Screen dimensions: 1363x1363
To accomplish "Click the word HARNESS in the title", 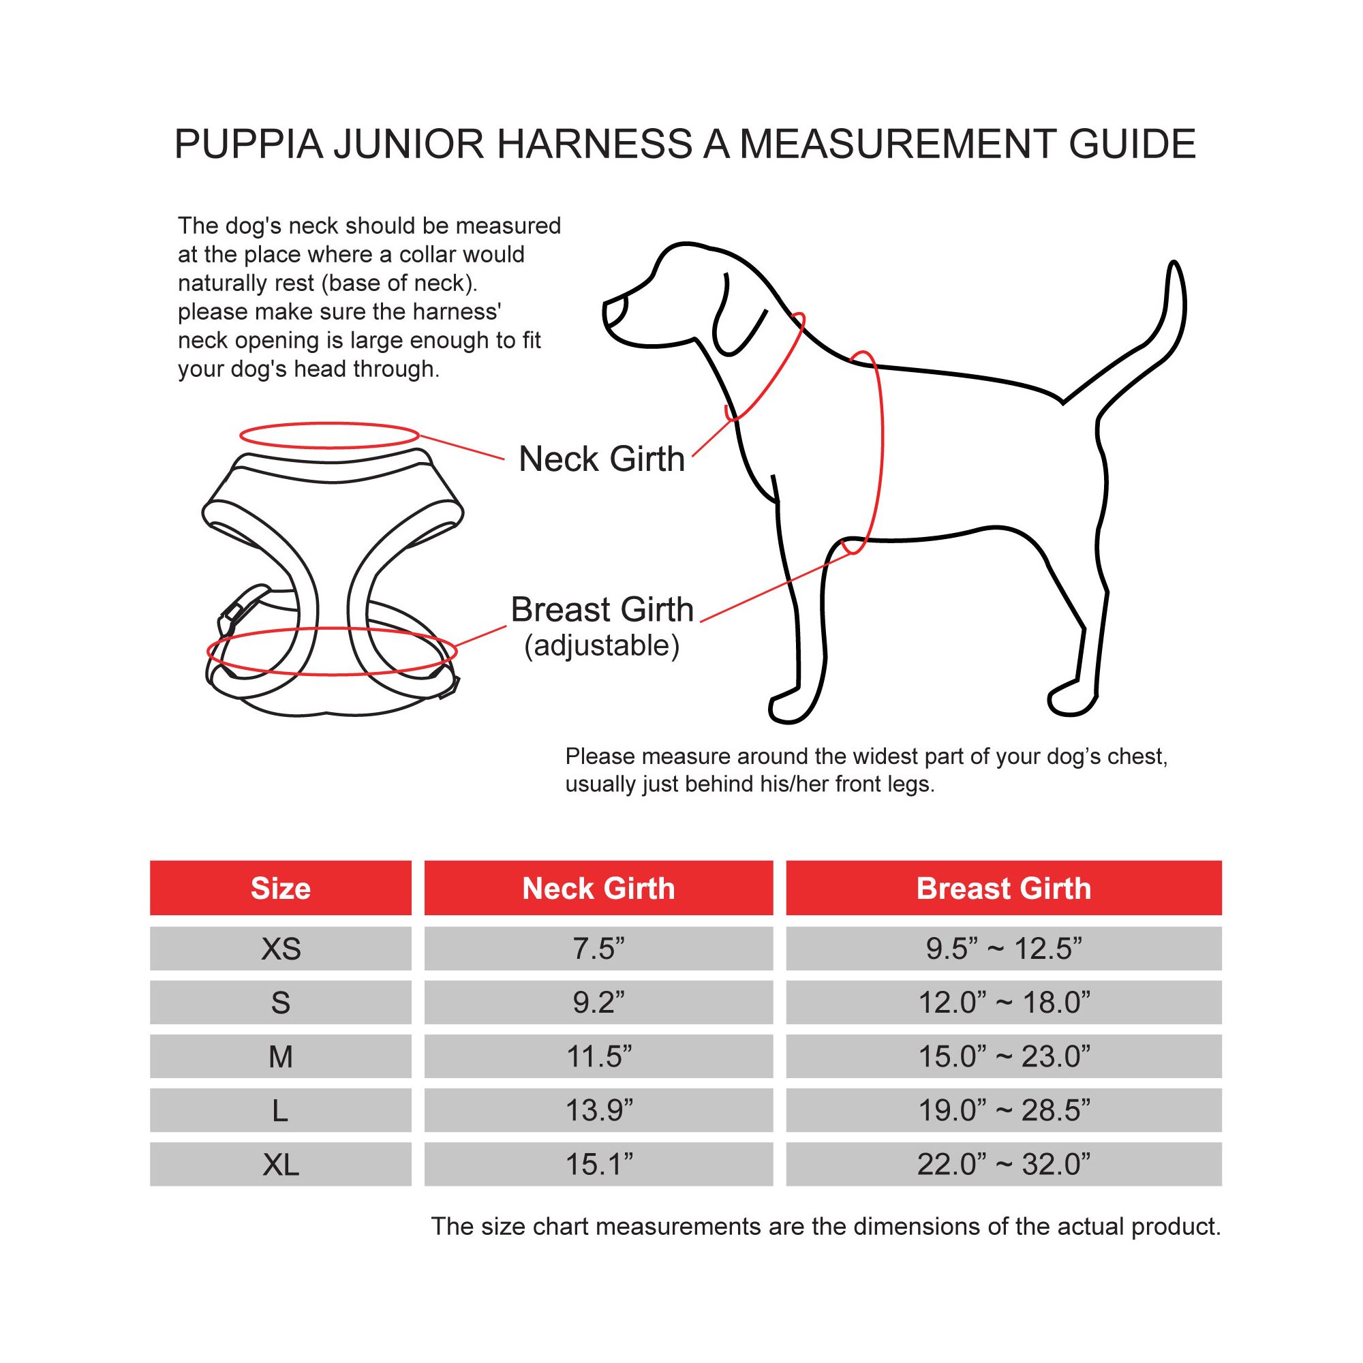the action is [595, 144].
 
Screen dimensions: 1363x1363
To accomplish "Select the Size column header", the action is [281, 887].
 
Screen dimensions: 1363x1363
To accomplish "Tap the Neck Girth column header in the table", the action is [598, 887].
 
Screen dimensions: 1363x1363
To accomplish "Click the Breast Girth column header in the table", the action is [1004, 887].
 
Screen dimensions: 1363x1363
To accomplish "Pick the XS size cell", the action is [281, 949].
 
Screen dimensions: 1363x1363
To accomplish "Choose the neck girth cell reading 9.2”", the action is [598, 1002].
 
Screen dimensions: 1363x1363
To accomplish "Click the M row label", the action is [281, 1057].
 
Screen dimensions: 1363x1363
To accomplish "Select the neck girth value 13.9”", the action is [598, 1110].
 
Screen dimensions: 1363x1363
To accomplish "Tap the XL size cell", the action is [281, 1165].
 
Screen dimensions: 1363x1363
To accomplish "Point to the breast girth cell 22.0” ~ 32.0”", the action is [1004, 1165].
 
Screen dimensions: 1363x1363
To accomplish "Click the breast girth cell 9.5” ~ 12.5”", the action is [1004, 949].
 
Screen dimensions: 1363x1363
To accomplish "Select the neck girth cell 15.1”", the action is [598, 1165].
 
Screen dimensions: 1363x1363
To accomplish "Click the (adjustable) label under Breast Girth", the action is [602, 645].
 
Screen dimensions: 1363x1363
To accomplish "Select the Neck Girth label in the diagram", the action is [602, 459].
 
